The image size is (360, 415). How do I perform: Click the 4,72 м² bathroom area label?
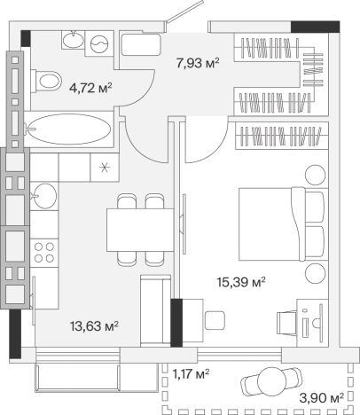click(90, 88)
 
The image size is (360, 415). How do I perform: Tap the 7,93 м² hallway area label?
click(198, 63)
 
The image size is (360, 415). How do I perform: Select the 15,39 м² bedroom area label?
click(241, 282)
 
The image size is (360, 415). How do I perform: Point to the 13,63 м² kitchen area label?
click(94, 326)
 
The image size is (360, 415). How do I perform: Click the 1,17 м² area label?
click(191, 374)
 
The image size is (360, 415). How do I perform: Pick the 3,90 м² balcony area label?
click(322, 398)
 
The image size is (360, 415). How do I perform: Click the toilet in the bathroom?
click(46, 81)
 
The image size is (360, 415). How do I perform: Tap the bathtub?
click(69, 129)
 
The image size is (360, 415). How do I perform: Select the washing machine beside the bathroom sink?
click(99, 43)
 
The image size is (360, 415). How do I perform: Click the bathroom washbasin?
click(74, 40)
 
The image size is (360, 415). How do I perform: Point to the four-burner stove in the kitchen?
click(44, 253)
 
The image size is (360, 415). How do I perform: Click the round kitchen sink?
click(44, 196)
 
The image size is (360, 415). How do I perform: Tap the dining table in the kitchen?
click(140, 230)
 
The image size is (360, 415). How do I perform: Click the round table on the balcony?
click(272, 382)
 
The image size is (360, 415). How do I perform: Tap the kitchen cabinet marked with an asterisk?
click(105, 168)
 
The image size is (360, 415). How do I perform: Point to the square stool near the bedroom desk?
click(215, 320)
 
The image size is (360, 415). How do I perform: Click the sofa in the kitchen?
click(155, 310)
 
